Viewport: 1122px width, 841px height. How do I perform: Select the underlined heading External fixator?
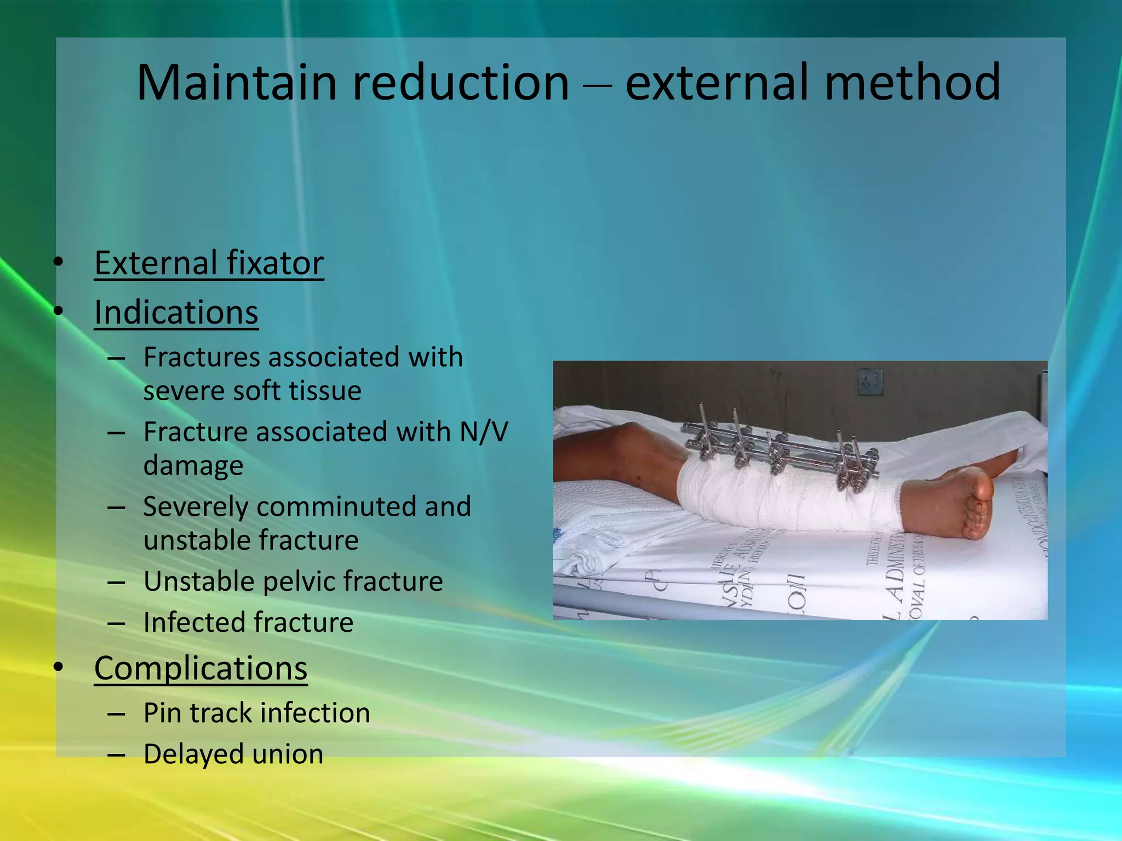point(209,263)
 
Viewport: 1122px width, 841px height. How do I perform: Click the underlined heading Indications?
point(176,313)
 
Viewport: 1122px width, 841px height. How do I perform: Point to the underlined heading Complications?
point(201,669)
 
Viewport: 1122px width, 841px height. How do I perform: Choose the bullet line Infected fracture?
point(248,623)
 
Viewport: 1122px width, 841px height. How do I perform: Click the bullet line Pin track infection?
point(256,713)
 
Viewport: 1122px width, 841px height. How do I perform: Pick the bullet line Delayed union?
point(233,754)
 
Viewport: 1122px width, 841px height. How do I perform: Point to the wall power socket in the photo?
point(871,382)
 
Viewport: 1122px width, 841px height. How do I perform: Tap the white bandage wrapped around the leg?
point(789,498)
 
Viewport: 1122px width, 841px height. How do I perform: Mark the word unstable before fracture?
point(196,540)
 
